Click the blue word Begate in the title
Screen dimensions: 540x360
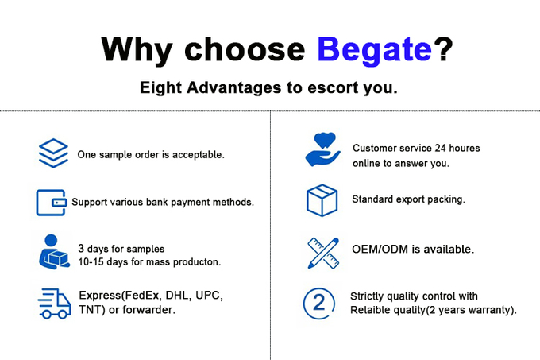(374, 50)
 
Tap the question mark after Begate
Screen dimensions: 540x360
(444, 48)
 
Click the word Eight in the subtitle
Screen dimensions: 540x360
(160, 88)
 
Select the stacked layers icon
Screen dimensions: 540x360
(53, 153)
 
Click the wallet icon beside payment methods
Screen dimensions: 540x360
(52, 203)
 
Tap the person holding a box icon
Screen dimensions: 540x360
(54, 252)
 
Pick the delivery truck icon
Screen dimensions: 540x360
(55, 304)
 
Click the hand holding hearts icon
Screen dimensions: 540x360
(322, 149)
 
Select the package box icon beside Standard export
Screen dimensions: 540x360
(322, 200)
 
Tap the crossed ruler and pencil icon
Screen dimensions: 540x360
(323, 254)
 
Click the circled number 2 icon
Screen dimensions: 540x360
(319, 304)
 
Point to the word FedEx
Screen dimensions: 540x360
(141, 296)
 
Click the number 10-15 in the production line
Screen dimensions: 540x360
(91, 261)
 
